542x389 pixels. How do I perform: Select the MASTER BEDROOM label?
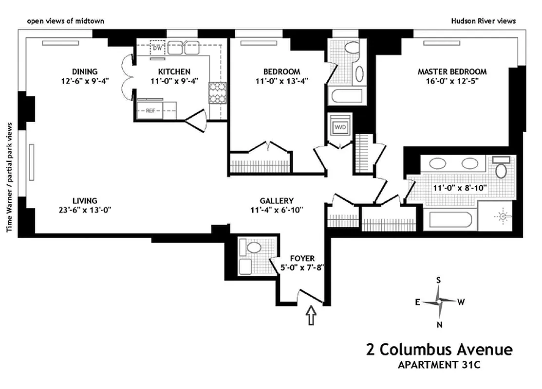452,71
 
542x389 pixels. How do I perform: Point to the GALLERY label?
276,200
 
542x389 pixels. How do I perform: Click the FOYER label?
302,258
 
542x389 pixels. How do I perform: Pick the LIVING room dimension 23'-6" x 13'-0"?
85,210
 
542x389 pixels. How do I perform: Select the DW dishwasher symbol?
157,48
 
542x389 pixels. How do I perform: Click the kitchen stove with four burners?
217,93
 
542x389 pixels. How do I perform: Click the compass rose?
439,302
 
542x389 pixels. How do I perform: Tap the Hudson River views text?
483,21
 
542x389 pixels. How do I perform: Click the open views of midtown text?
65,21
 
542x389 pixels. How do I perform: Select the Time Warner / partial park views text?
9,177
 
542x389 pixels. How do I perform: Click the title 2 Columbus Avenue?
439,350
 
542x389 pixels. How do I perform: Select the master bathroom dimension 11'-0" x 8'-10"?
453,187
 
